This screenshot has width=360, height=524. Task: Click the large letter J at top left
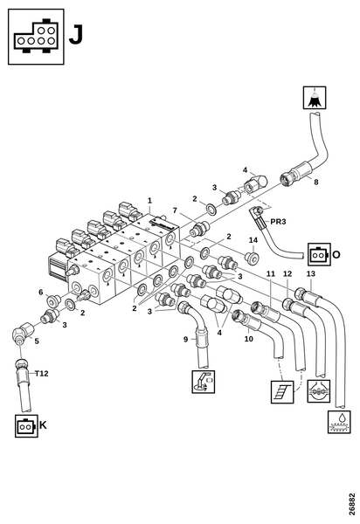coord(76,36)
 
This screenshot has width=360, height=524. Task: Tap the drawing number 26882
coord(351,504)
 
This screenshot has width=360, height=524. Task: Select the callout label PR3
coord(278,222)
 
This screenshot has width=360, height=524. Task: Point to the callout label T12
coord(42,373)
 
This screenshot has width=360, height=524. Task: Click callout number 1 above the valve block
coord(149,201)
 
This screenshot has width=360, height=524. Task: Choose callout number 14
coord(253,240)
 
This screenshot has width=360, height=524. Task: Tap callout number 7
coord(175,210)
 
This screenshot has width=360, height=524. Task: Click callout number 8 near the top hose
coord(316,182)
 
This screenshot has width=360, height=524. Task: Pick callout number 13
coord(311,273)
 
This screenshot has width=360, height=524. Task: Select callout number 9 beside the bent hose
coord(186,340)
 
